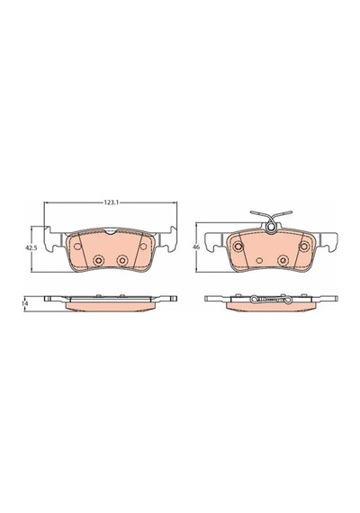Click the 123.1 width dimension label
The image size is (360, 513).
[111, 202]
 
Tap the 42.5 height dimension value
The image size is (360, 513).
[31, 248]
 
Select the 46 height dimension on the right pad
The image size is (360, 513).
[196, 247]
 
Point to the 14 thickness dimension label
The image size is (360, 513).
[24, 303]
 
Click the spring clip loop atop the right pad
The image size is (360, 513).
[271, 228]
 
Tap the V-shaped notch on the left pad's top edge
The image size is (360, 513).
[111, 231]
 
